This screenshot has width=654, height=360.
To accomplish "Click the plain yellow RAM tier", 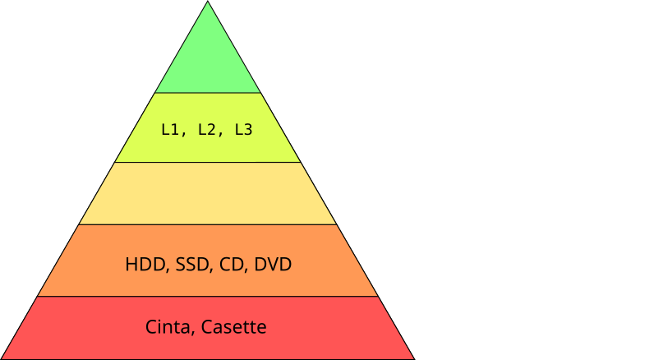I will click(x=207, y=193).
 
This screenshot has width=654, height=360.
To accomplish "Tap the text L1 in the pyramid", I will click(x=171, y=129).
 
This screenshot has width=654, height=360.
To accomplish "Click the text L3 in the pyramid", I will click(x=243, y=129).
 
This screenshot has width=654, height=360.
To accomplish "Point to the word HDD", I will click(x=143, y=265).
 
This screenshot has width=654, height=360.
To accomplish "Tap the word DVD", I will click(x=273, y=265).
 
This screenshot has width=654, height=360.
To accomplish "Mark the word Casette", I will click(x=233, y=327).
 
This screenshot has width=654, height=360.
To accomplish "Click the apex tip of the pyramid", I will click(x=207, y=4).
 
